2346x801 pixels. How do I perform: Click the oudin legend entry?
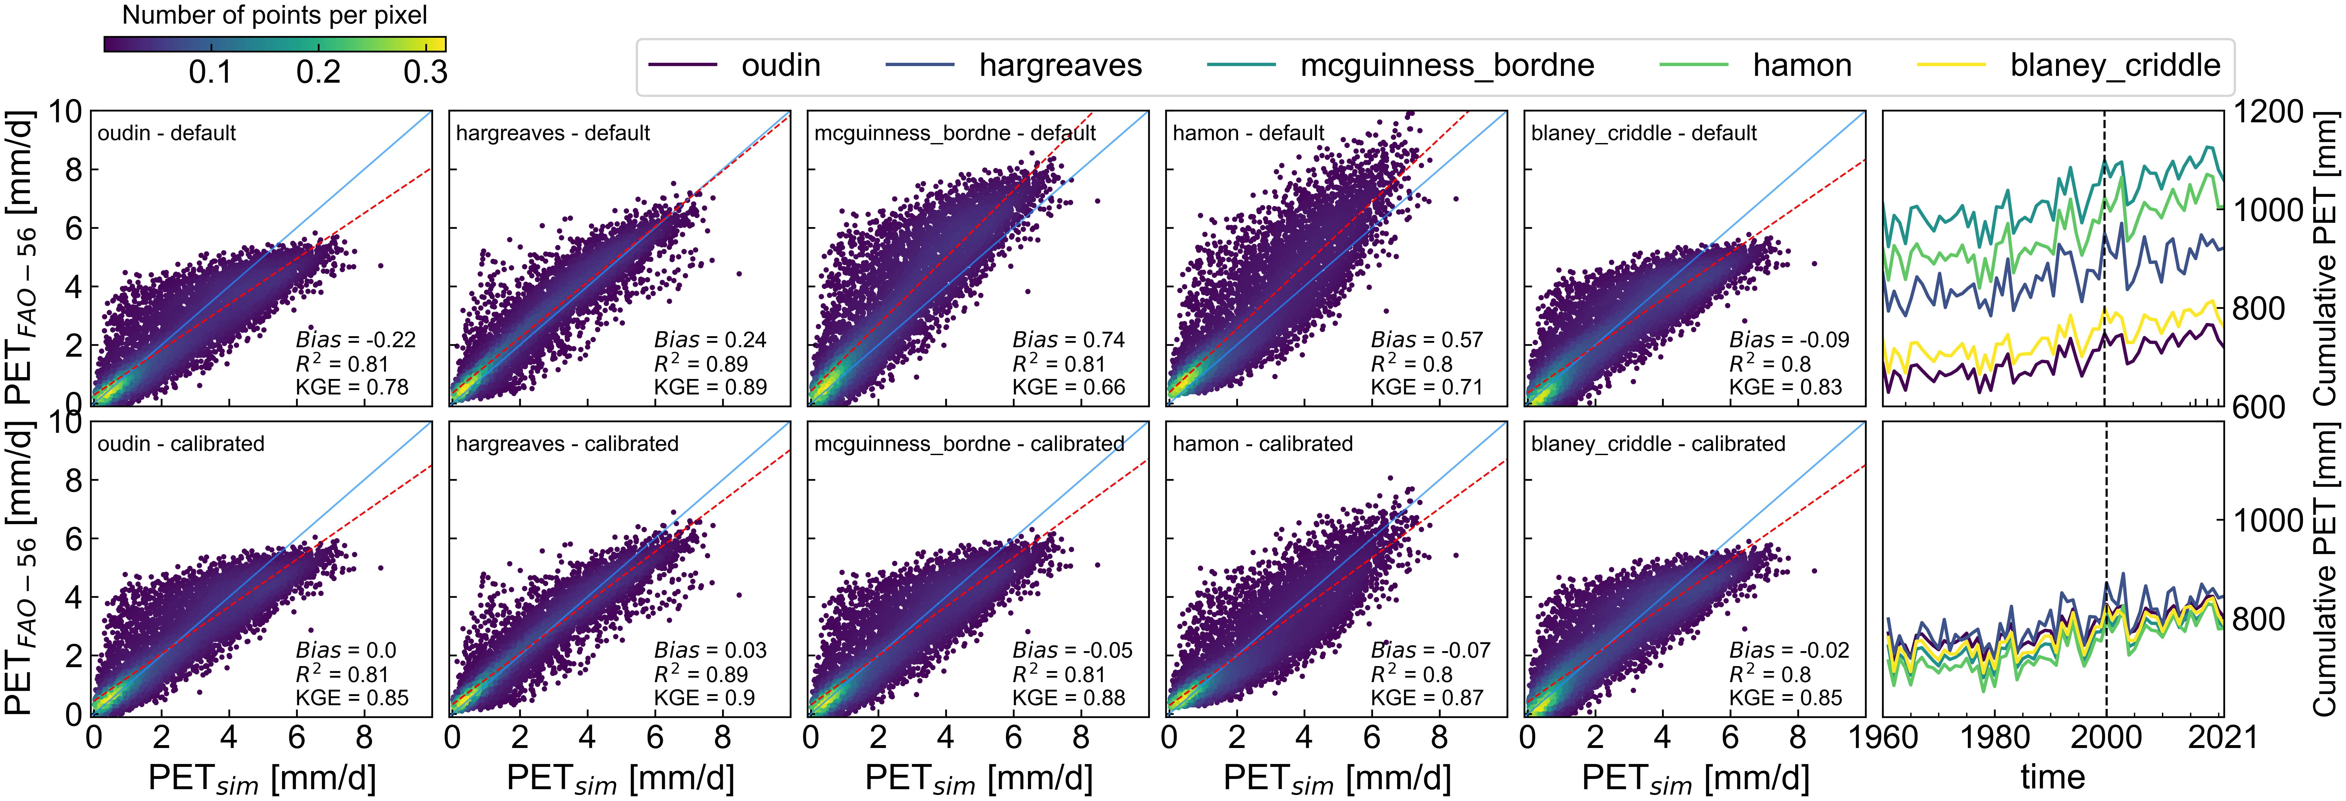click(x=781, y=66)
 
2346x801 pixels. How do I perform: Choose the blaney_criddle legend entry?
click(x=2115, y=66)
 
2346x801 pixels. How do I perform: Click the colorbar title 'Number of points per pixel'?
click(x=274, y=15)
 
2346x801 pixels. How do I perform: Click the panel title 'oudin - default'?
click(x=167, y=133)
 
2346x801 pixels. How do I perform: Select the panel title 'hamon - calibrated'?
click(x=1262, y=444)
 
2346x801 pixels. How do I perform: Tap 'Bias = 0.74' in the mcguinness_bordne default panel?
click(x=1068, y=340)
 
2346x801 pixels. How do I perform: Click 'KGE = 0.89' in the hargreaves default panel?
click(x=710, y=387)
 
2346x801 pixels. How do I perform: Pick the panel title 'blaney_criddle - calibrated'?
click(x=1657, y=444)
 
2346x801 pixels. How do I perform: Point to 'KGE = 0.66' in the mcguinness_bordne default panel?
click(x=1068, y=387)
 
